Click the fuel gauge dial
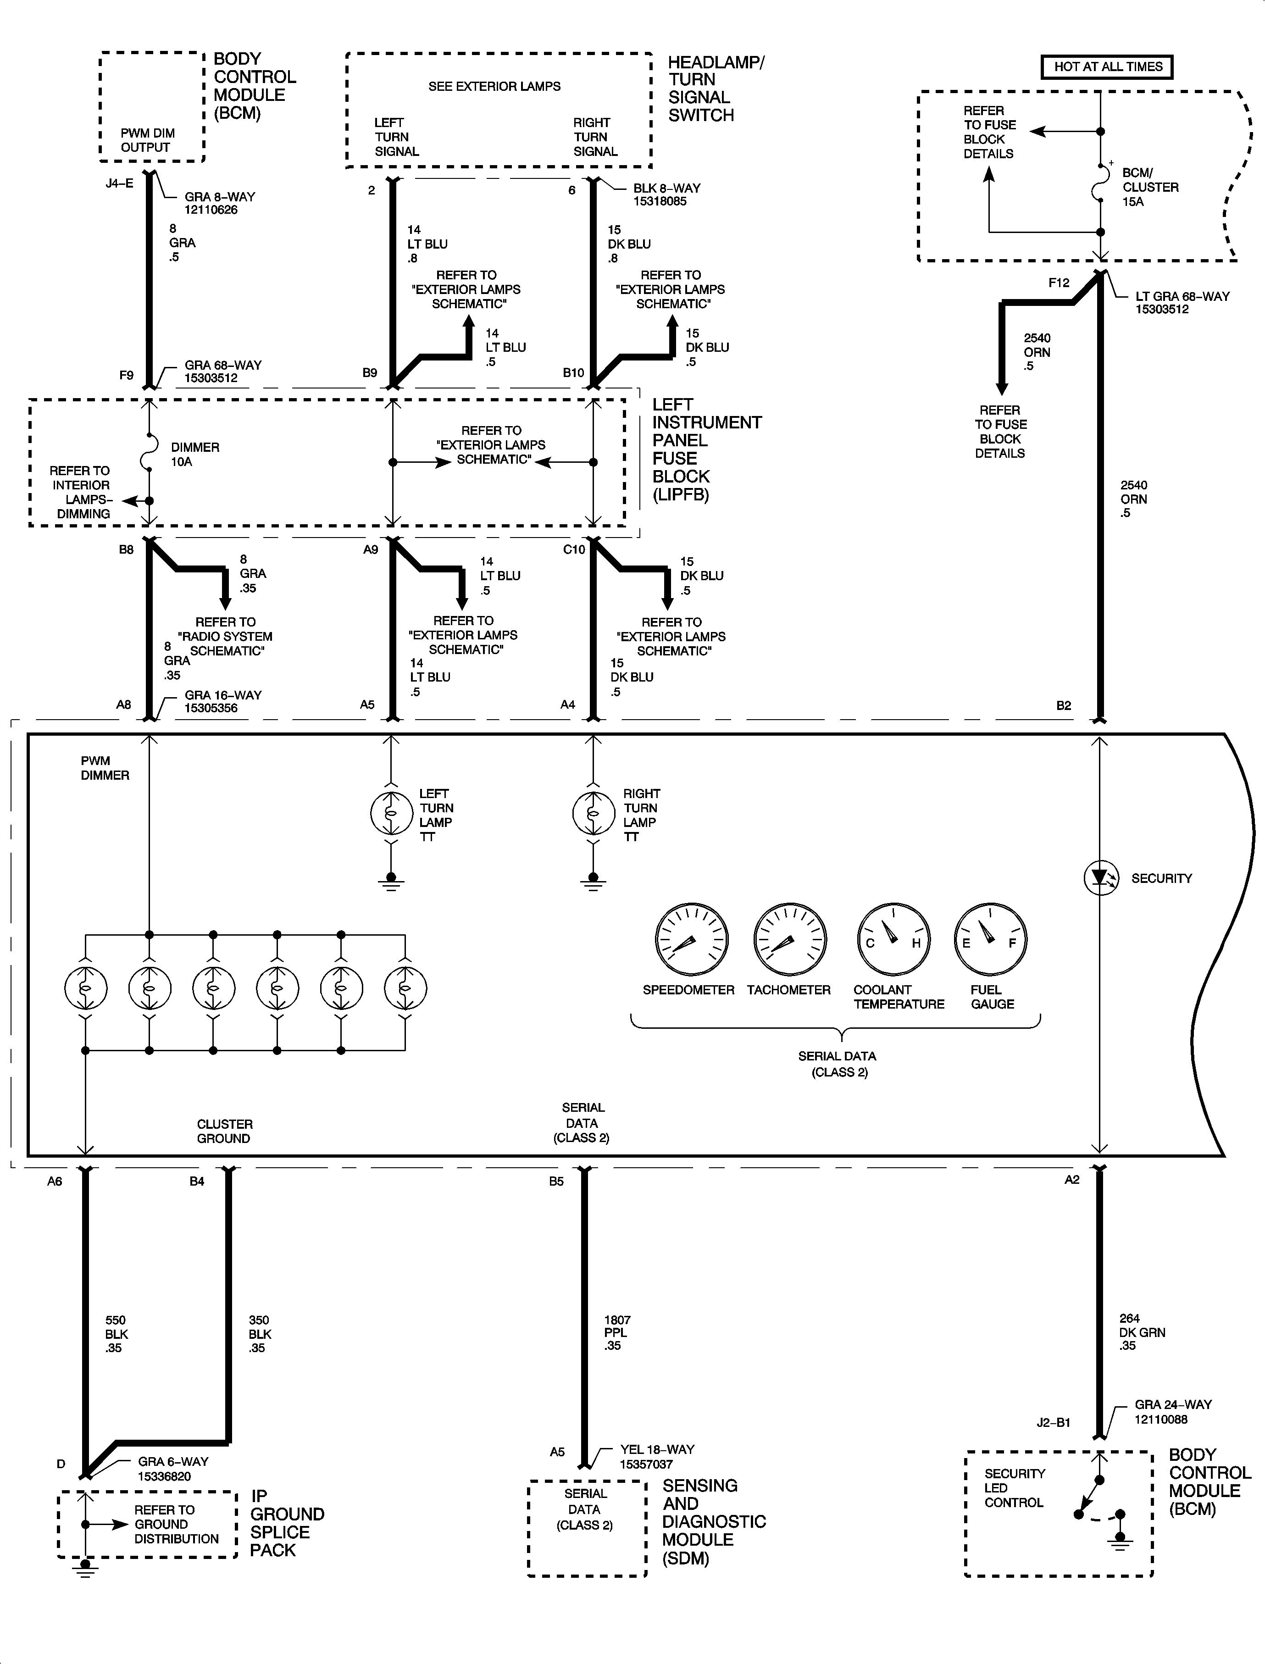[990, 940]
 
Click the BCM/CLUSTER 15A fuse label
[1150, 187]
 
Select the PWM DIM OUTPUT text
[148, 140]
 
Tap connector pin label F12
[1058, 283]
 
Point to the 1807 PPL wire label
[617, 1333]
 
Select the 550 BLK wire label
[116, 1333]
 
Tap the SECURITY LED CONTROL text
[1014, 1488]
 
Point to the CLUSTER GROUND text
[224, 1131]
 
